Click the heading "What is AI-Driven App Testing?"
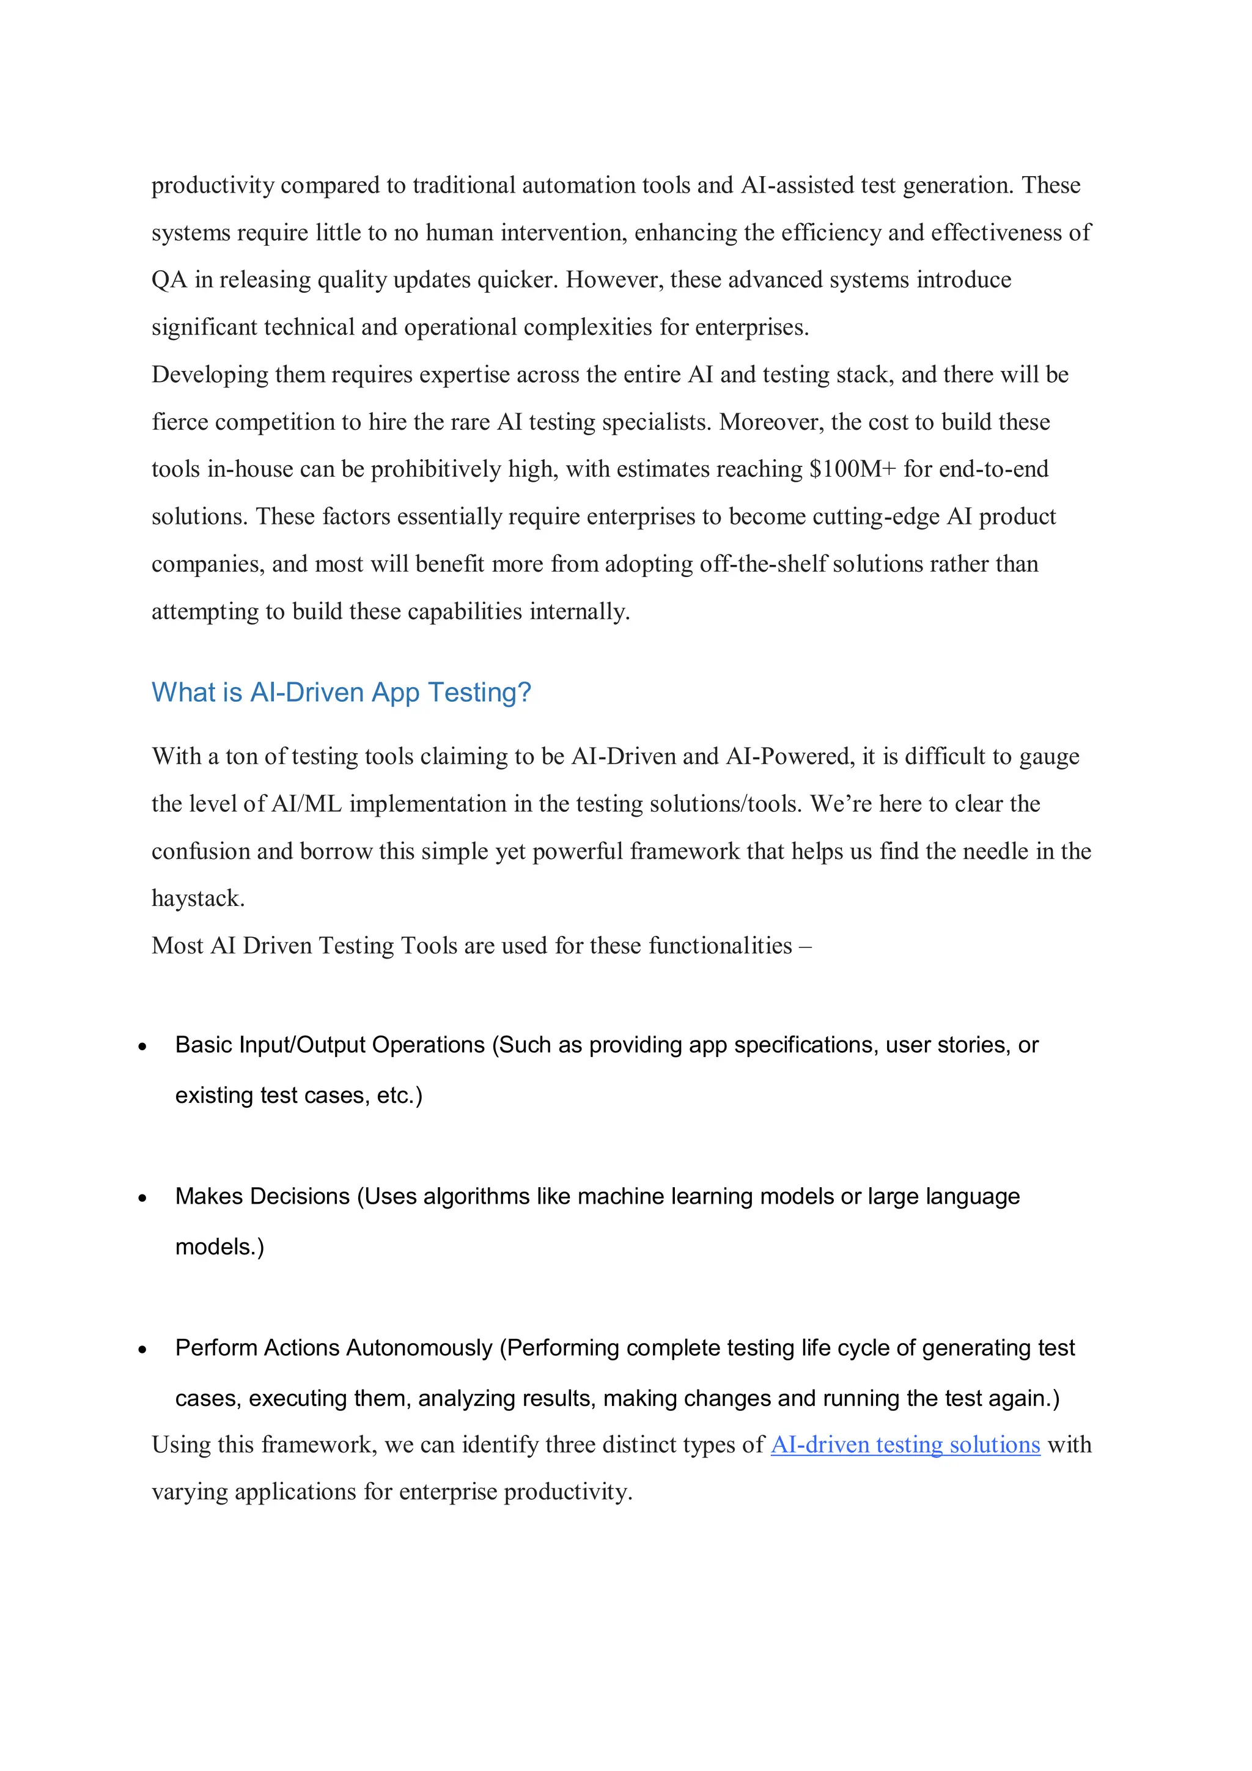click(x=341, y=692)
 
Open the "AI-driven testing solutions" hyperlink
click(x=905, y=1444)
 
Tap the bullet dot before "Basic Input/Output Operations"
click(x=142, y=1047)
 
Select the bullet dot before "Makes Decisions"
click(x=142, y=1198)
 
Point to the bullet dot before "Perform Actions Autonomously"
click(x=142, y=1350)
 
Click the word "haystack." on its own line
click(x=197, y=899)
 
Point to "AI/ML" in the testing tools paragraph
click(x=306, y=804)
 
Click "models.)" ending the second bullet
click(x=220, y=1246)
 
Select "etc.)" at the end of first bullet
click(x=400, y=1095)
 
